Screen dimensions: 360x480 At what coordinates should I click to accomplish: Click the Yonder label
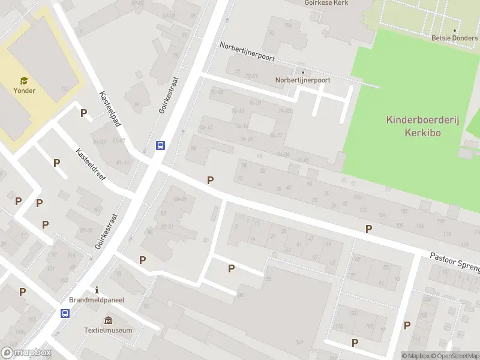25,91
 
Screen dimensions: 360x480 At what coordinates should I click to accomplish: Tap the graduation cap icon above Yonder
24,80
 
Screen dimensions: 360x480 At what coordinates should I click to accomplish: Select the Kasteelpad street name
110,109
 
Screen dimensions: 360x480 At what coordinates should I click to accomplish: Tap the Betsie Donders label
454,38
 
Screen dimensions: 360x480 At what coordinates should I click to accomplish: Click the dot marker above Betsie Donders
454,30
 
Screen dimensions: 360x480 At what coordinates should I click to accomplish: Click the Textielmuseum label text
109,330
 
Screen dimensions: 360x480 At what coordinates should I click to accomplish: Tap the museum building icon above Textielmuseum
108,320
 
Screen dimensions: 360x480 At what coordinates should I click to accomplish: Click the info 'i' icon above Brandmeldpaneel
96,290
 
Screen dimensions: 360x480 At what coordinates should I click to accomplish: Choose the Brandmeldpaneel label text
96,301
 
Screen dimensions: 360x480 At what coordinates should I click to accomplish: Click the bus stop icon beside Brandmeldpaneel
65,313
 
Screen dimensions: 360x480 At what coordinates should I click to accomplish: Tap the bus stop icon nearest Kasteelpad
160,145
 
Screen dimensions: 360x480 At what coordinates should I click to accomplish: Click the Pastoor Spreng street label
454,262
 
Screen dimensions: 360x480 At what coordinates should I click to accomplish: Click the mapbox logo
26,353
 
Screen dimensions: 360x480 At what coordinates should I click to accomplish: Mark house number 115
339,327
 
